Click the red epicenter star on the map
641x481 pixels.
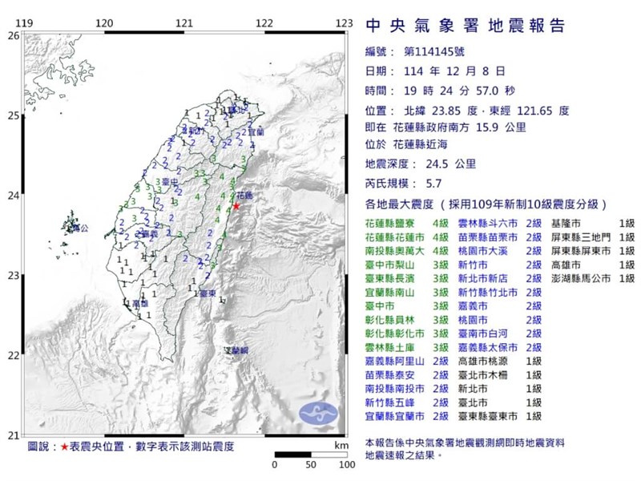(x=236, y=206)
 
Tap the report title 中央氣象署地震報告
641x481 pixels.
(x=465, y=26)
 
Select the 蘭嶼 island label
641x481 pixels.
(x=236, y=351)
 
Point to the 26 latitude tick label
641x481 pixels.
(x=13, y=35)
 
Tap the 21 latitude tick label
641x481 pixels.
(x=13, y=435)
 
